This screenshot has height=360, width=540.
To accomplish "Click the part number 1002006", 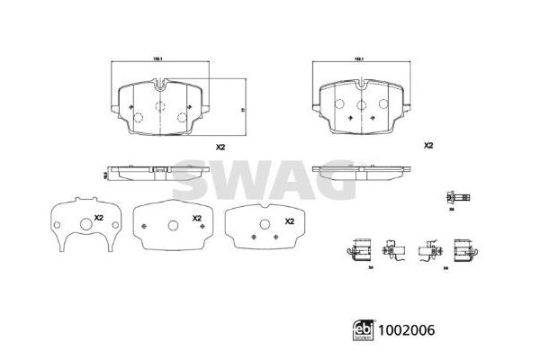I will [408, 331].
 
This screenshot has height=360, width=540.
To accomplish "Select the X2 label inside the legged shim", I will [100, 218].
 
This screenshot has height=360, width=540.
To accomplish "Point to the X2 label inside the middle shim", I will [196, 219].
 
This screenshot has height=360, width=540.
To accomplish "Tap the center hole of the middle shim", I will [172, 225].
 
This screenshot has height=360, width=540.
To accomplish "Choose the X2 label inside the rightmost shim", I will [290, 220].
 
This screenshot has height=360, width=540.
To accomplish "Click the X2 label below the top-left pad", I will [220, 148].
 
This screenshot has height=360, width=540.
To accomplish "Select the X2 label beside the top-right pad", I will [428, 144].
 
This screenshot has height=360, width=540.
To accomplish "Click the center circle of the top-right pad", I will [362, 105].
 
